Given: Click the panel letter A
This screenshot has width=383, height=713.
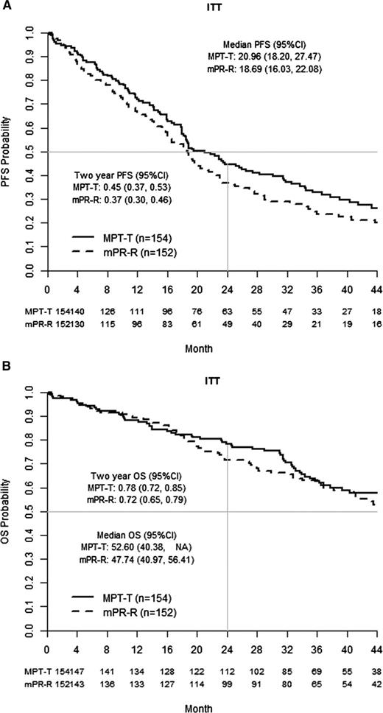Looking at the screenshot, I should pos(7,7).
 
